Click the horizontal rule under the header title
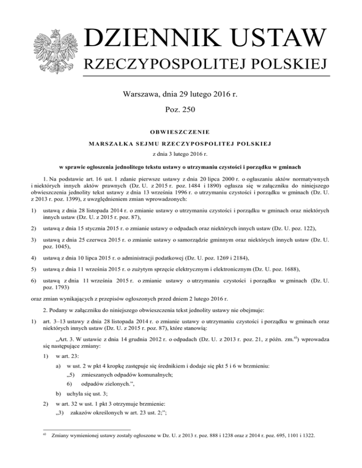pos(207,76)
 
